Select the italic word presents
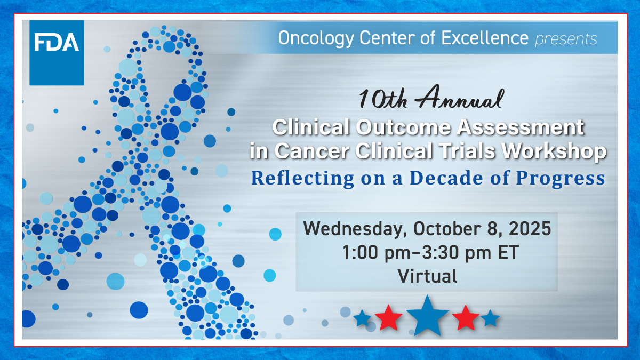click(x=566, y=39)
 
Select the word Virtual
click(x=427, y=276)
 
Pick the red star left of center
click(x=389, y=318)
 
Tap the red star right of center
click(x=466, y=318)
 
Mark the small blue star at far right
click(x=490, y=319)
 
